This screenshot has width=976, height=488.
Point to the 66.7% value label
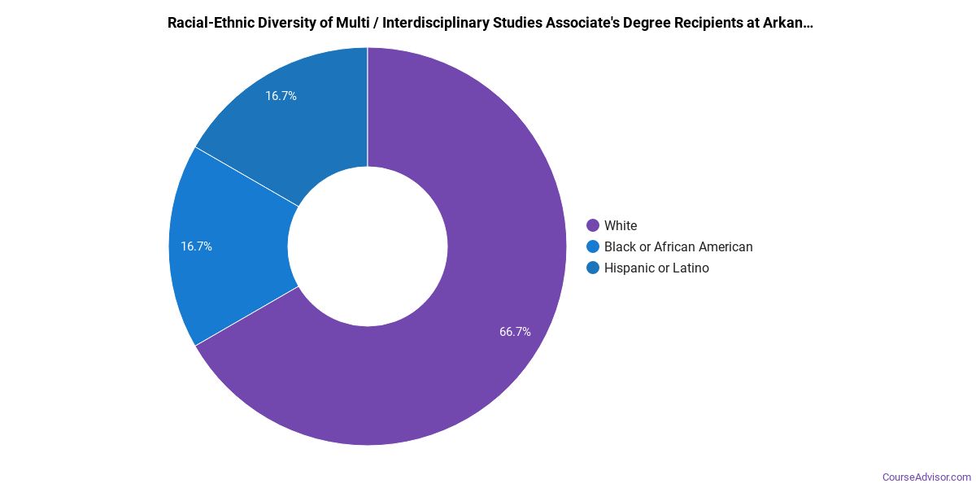point(515,332)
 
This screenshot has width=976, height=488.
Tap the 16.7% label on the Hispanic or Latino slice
point(281,96)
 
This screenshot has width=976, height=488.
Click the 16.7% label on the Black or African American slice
point(196,246)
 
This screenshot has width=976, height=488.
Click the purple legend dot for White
point(593,225)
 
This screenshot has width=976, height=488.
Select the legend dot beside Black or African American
point(593,246)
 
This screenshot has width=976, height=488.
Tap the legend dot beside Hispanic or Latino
point(593,268)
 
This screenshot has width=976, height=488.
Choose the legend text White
point(621,225)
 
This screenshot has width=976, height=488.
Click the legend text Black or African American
point(678,246)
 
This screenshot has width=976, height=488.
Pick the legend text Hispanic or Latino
point(656,268)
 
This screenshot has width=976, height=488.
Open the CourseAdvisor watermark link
point(926,477)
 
